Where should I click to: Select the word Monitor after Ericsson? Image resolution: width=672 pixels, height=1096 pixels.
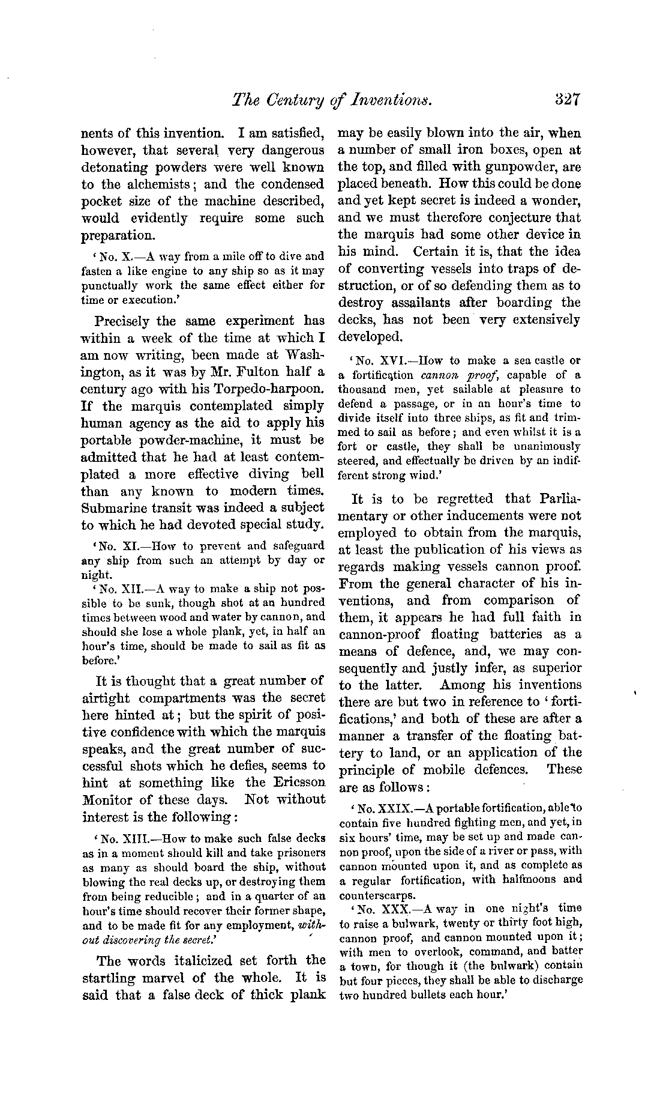(107, 799)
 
